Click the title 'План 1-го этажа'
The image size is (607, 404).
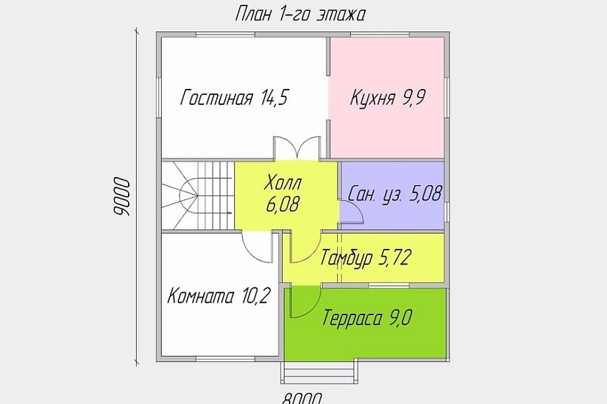click(299, 14)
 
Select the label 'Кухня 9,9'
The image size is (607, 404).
click(388, 98)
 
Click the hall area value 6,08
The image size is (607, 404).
click(284, 204)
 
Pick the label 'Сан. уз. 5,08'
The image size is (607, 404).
click(395, 195)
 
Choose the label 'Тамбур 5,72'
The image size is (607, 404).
click(365, 257)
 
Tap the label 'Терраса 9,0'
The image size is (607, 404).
click(366, 319)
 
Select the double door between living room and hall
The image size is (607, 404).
click(297, 147)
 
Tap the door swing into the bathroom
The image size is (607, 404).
click(352, 213)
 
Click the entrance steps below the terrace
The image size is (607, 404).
click(318, 372)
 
